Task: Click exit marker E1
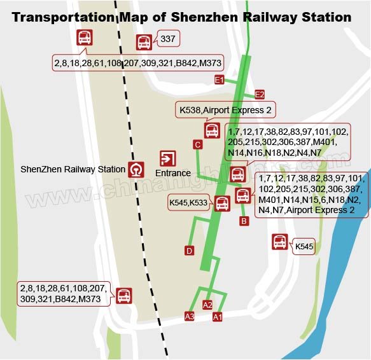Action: click(220, 80)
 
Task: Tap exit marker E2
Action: click(260, 95)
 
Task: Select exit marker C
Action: click(198, 145)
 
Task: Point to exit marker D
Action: click(189, 251)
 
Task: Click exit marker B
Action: click(243, 221)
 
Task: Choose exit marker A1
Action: click(217, 316)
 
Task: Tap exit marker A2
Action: click(207, 305)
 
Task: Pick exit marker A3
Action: click(189, 316)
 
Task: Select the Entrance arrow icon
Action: click(168, 158)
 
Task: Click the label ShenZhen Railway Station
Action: click(73, 169)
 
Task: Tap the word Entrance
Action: click(173, 173)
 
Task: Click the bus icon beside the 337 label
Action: click(144, 43)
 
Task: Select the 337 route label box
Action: click(167, 39)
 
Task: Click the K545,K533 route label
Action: click(189, 203)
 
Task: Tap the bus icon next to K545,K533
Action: click(222, 204)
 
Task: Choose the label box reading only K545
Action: click(304, 246)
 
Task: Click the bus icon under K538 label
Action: click(212, 130)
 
